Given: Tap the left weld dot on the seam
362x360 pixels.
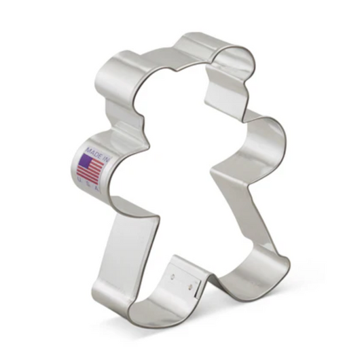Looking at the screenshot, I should (x=173, y=275).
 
